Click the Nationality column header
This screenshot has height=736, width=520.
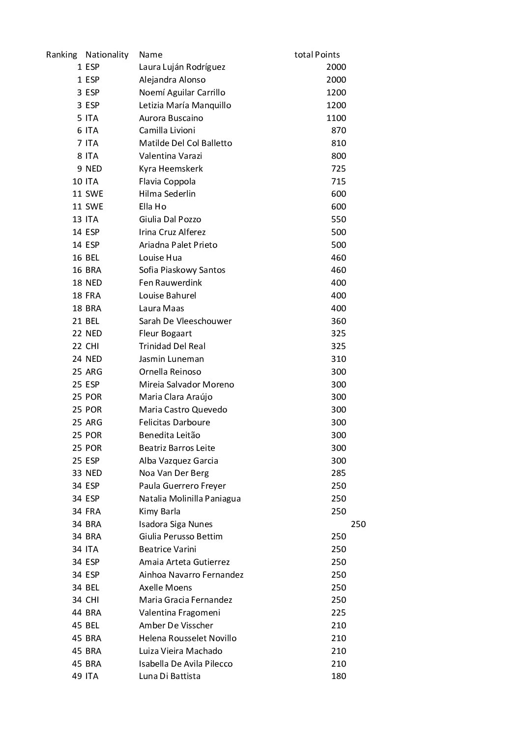tap(107, 55)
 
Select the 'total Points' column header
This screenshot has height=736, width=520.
tap(317, 55)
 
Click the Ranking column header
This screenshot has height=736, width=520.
tap(61, 55)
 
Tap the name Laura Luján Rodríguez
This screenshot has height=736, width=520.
tap(182, 67)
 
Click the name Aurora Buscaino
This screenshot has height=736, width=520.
tap(171, 118)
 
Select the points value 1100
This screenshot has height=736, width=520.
tap(336, 118)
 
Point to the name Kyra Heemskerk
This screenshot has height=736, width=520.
tap(171, 169)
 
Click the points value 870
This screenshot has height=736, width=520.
tap(339, 130)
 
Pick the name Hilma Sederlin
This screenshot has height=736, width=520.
tap(167, 194)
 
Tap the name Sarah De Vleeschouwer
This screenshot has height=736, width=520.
tap(185, 321)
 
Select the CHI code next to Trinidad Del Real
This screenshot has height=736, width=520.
tap(92, 346)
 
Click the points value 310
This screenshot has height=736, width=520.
tap(339, 359)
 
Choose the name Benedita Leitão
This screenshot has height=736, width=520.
tap(170, 435)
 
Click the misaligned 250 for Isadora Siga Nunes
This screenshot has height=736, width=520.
tap(358, 524)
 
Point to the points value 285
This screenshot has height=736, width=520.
tap(339, 473)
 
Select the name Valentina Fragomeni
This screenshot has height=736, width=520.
tap(179, 613)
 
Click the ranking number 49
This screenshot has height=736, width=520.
tap(77, 676)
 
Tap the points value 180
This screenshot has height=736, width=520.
tap(339, 676)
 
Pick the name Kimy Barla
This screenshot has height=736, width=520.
tap(160, 511)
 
